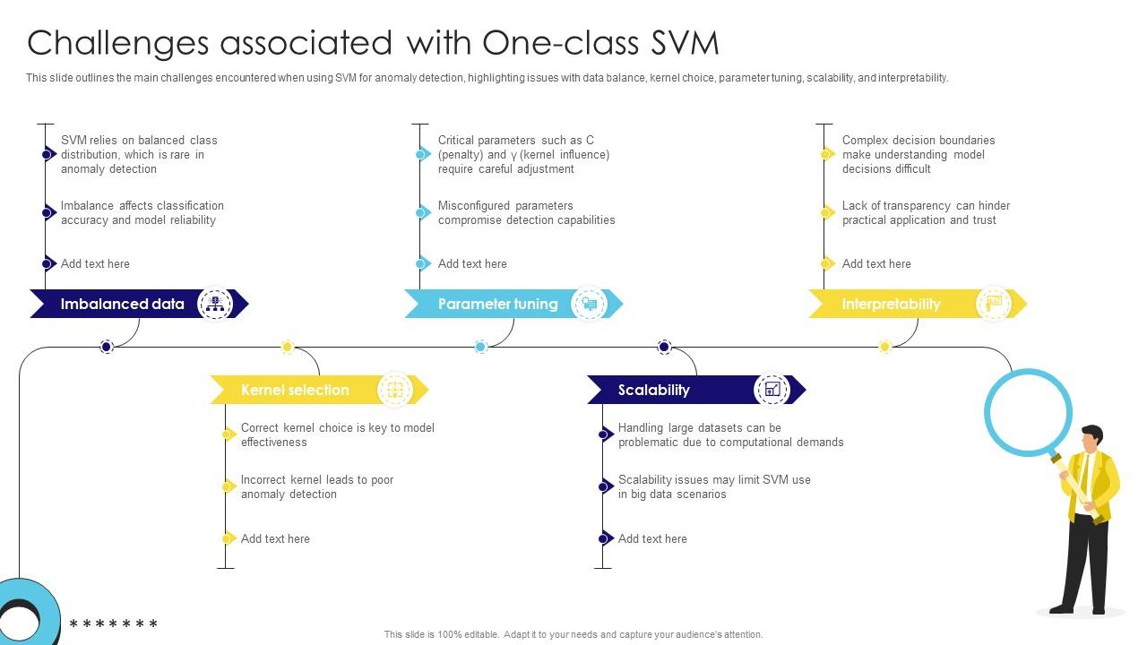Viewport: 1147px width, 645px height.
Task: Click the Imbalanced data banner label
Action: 122,304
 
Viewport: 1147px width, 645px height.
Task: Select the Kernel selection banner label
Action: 295,390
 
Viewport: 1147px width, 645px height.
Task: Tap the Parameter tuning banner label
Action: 497,304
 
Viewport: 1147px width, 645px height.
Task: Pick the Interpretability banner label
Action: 891,304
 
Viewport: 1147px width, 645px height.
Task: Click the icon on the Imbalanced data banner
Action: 214,304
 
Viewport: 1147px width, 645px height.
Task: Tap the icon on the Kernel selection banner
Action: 394,390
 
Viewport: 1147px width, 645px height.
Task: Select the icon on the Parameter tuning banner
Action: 589,304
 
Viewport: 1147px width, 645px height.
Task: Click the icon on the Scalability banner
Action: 772,390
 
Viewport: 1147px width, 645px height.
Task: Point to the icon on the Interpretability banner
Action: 993,304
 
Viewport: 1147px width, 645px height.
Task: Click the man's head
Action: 1091,438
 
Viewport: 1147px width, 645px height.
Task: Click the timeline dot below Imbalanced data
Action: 107,347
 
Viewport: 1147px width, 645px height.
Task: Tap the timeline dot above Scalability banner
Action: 664,347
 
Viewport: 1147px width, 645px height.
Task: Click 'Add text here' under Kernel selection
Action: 275,538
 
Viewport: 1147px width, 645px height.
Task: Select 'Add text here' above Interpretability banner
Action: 876,263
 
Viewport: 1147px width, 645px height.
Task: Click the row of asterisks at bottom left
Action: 114,624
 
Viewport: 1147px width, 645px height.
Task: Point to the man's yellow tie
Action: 1083,475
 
